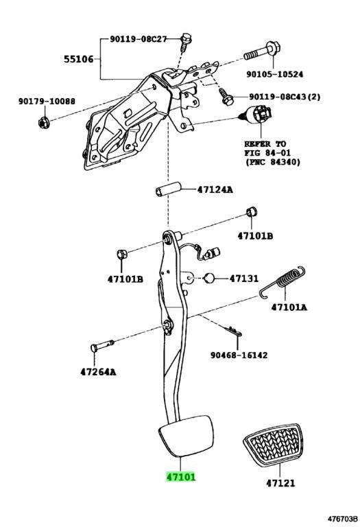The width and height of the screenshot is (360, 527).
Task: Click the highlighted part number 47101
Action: point(180,477)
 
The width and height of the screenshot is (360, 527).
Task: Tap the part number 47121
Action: point(280,483)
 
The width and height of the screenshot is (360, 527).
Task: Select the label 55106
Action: point(79,59)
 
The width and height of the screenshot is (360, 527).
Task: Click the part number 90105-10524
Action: point(274,74)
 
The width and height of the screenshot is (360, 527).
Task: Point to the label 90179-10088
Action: point(47,101)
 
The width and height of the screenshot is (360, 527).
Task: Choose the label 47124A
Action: point(215,189)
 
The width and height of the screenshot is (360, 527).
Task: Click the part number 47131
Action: point(244,279)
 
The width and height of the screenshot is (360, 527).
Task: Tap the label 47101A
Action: point(289,307)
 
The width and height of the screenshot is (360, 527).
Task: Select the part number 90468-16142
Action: point(239,355)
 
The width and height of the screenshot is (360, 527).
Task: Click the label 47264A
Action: point(98,372)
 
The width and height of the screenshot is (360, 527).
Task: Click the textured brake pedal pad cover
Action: point(272,445)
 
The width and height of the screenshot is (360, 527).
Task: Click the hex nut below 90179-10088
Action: point(44,122)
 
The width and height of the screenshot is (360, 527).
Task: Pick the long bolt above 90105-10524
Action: point(263,51)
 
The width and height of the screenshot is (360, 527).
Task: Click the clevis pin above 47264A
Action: point(102,346)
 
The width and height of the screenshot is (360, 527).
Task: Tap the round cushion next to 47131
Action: point(209,278)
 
